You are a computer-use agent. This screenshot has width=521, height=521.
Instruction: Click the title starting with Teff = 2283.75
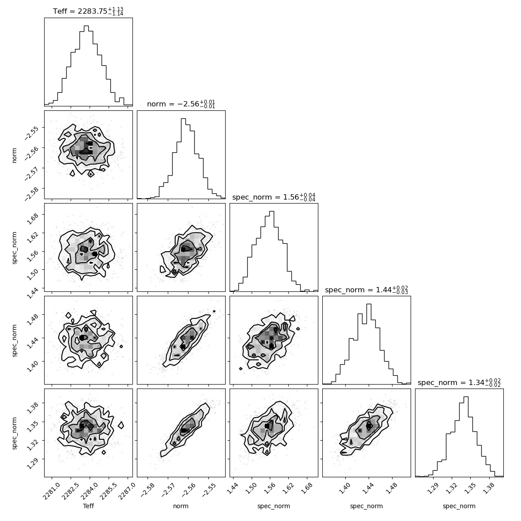[x=88, y=11]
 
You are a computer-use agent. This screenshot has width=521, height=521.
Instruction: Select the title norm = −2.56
[x=181, y=104]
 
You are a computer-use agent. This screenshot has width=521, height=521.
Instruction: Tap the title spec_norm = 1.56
[x=274, y=197]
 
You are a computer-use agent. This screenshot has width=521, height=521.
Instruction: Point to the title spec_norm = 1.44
[x=366, y=289]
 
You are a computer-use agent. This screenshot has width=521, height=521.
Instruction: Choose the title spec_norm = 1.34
[x=459, y=382]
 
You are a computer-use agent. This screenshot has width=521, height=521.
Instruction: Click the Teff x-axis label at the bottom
[x=88, y=506]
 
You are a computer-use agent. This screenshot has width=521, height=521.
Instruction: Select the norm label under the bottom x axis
[x=181, y=506]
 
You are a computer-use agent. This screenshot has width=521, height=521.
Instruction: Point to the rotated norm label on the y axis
[x=14, y=155]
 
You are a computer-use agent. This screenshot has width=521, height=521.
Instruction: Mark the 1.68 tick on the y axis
[x=32, y=218]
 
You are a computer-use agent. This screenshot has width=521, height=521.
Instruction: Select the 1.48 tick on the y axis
[x=32, y=317]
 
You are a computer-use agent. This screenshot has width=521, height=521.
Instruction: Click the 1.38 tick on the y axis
[x=32, y=407]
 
